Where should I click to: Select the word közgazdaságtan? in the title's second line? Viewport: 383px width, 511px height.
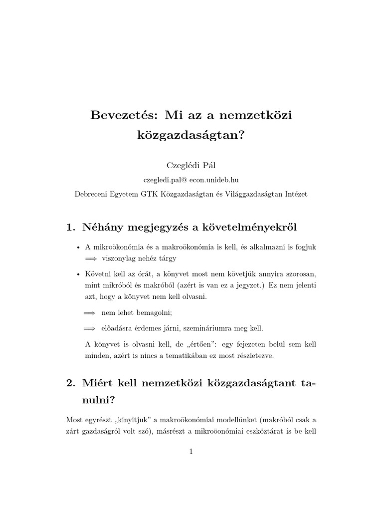(x=191, y=134)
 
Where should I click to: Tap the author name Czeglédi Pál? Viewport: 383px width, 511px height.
(x=191, y=165)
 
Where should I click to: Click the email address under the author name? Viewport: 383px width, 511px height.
(x=191, y=179)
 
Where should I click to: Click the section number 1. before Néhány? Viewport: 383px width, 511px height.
(x=70, y=228)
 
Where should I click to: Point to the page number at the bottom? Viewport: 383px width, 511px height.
(x=191, y=452)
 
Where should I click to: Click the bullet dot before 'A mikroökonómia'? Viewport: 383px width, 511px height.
(x=78, y=248)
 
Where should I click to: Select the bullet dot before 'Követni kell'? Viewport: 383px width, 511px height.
(x=78, y=275)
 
